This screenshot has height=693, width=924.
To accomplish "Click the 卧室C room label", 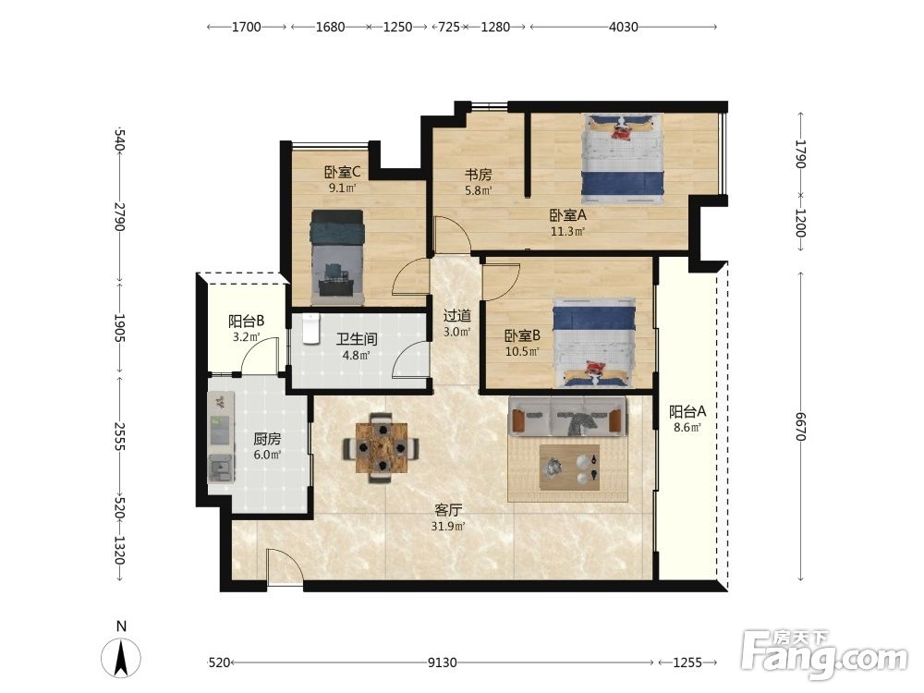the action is (342, 172).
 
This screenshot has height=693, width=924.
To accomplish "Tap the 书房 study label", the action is (478, 175).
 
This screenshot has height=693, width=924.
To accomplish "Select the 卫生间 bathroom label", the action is (357, 339).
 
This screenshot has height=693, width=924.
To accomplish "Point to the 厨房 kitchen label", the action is (267, 439).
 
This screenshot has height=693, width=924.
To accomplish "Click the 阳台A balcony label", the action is (687, 412).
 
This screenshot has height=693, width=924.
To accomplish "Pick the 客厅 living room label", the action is (448, 510).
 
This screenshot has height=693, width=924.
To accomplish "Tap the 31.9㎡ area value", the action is (448, 527).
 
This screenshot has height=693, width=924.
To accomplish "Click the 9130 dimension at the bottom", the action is (442, 663).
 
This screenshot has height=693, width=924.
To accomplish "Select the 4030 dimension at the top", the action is (624, 27).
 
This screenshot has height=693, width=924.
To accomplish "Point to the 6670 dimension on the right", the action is (799, 426).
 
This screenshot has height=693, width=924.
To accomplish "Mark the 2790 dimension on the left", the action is (120, 216).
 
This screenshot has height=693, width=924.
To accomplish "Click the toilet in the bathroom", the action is (310, 328).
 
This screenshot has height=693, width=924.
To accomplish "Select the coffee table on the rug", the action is (569, 466).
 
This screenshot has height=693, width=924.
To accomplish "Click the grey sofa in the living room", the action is (567, 417).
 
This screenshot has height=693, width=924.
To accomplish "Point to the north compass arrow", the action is (121, 657).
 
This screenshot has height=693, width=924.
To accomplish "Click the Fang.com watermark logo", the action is (824, 654).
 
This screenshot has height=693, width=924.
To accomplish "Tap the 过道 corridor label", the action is (457, 316).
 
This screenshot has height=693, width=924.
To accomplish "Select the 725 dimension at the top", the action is (449, 27).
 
